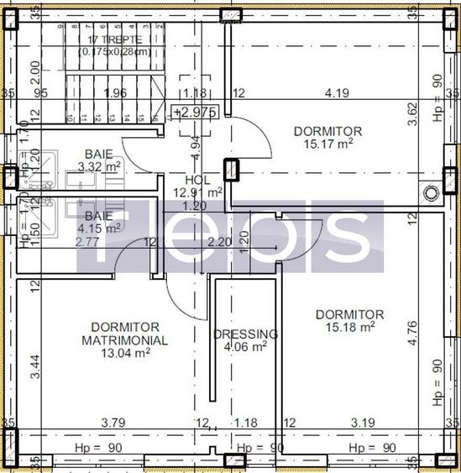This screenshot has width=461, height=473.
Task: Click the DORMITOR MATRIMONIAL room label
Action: [x=125, y=333]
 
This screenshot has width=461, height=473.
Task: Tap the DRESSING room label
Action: [x=245, y=334]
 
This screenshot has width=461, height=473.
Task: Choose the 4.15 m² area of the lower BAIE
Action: [x=99, y=228]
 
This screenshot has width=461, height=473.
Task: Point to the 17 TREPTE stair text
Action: [x=115, y=39]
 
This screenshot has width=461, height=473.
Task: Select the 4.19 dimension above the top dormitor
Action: [x=337, y=93]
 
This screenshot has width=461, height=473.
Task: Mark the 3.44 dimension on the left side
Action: [x=34, y=367]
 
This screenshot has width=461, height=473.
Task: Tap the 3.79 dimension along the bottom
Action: [x=113, y=423]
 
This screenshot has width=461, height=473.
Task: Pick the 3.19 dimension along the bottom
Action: [x=363, y=423]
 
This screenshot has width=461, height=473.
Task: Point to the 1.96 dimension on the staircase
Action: [x=115, y=93]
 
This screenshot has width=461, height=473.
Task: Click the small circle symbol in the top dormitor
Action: [x=432, y=193]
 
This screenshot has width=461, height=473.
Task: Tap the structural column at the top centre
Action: [x=230, y=15]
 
